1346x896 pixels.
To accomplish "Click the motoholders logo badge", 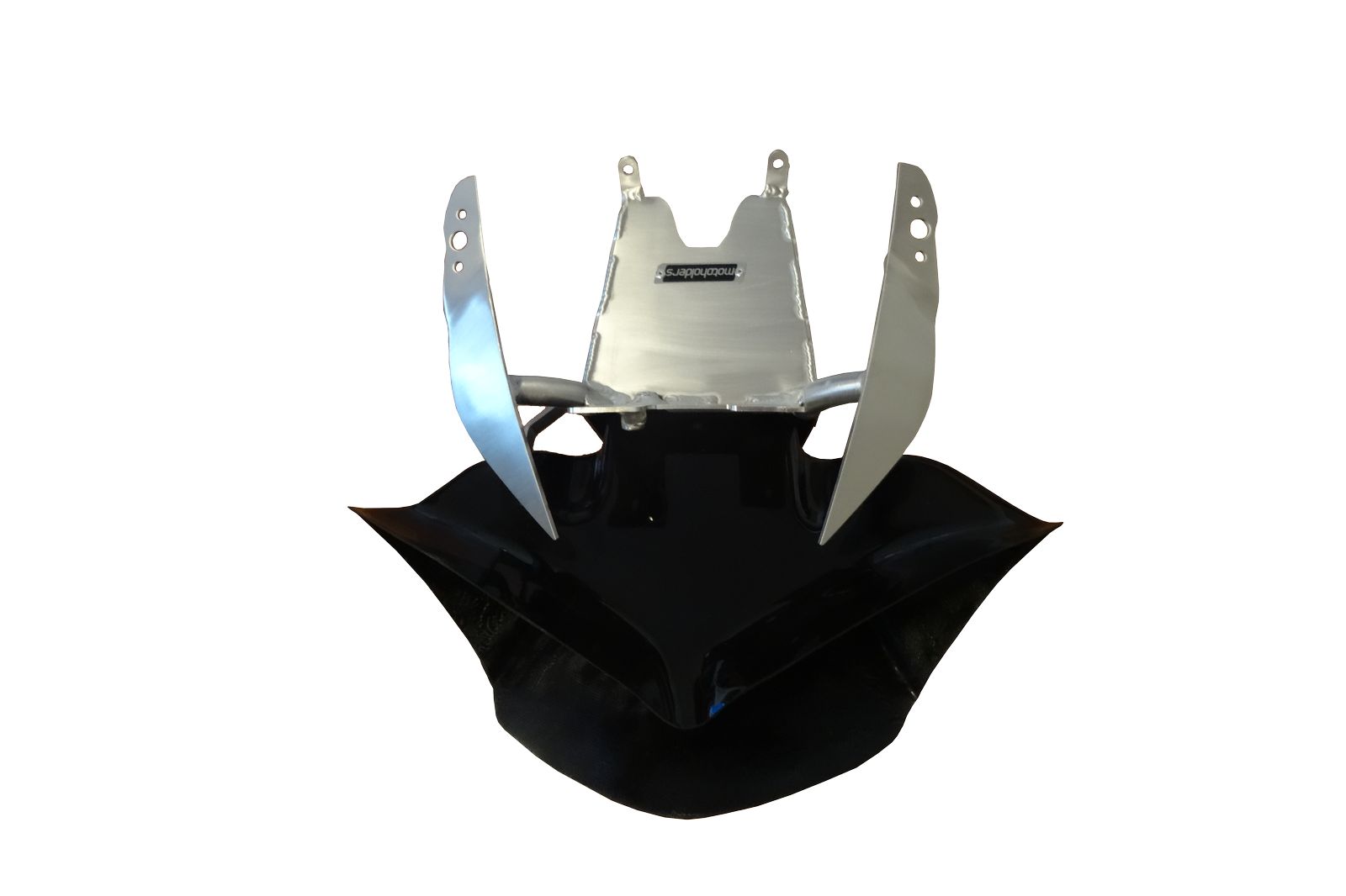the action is pos(703,274).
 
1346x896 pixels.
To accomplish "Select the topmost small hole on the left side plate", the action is pos(462,213).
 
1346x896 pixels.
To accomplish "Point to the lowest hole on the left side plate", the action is pos(458,266).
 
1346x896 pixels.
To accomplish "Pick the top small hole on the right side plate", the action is pos(915,202).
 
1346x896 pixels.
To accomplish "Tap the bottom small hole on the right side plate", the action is pos(920,257).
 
